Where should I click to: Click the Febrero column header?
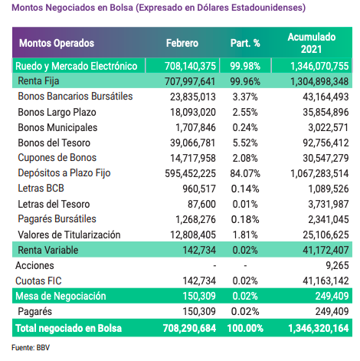[182, 43]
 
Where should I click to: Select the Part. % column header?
[245, 43]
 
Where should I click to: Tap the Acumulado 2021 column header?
[312, 43]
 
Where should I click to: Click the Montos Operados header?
[57, 43]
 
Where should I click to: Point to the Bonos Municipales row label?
[57, 127]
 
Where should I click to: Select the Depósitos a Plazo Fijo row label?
[64, 173]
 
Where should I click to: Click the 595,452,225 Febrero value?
[190, 173]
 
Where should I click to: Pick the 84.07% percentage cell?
[245, 173]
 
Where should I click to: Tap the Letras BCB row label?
[41, 189]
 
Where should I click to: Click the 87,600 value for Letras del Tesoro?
[201, 204]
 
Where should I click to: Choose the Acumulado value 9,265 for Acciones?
[337, 265]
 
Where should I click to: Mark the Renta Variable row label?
[48, 250]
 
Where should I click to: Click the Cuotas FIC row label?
[38, 281]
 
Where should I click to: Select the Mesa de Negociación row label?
[61, 296]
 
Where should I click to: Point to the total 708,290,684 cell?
[189, 328]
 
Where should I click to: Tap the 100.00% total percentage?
[245, 328]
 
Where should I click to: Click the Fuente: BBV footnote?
[31, 348]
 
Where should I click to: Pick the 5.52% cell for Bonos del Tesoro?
[245, 143]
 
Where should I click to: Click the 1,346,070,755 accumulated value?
[319, 66]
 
